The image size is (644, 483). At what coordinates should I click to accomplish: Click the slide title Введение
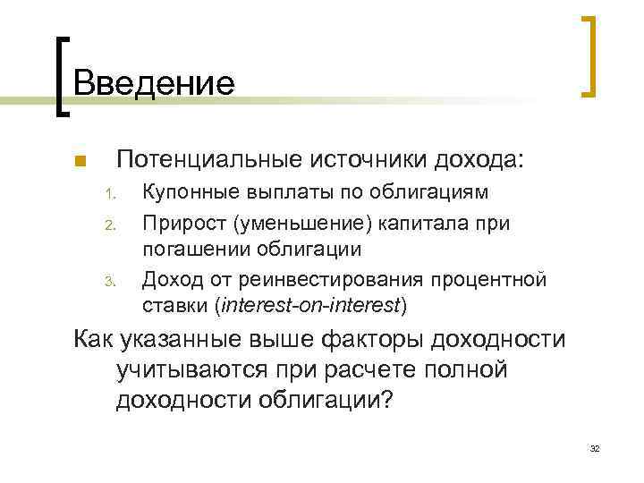tap(154, 83)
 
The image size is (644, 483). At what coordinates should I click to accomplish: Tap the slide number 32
tap(594, 447)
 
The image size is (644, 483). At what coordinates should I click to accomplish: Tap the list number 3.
tap(106, 284)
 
